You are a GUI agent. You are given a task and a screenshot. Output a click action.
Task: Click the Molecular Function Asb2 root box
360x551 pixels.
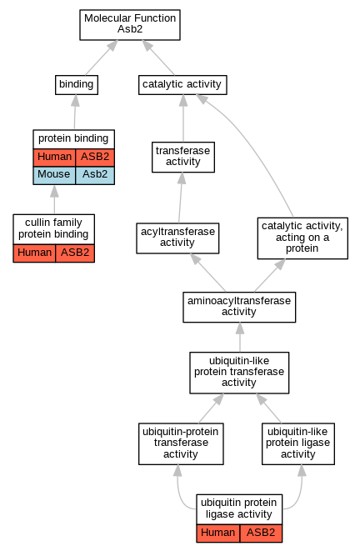pos(130,25)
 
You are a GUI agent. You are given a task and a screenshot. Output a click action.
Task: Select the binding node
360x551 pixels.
pos(77,85)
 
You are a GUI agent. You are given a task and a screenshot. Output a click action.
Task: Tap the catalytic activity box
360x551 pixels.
pos(182,85)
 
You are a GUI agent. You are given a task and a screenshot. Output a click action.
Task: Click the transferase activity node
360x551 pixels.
pos(183,157)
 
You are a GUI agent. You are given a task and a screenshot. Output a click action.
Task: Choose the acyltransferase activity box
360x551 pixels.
pos(177,238)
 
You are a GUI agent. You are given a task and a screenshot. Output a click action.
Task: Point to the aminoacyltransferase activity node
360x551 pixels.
pos(239,307)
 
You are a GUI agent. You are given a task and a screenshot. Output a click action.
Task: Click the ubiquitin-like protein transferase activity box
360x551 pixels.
pos(239,373)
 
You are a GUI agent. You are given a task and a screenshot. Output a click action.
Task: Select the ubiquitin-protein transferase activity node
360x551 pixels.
pos(181,443)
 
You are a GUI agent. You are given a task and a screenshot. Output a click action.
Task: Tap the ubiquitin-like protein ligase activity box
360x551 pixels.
pos(298,443)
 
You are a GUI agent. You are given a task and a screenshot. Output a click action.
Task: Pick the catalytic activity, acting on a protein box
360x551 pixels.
pos(302,238)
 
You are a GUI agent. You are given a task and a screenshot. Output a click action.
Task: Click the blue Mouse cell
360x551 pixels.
pos(54,175)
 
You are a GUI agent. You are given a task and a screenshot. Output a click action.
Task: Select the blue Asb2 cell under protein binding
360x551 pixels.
pos(95,175)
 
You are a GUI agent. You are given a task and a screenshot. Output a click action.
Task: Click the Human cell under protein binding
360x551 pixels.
pos(54,158)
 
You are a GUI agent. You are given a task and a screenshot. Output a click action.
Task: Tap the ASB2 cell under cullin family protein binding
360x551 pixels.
pos(75,253)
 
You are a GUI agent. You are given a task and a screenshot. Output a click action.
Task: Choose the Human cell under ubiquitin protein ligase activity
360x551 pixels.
pos(218,533)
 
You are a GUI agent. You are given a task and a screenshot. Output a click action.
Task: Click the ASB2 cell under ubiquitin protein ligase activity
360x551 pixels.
pos(261,533)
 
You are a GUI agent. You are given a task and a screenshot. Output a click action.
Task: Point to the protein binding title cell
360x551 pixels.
pos(74,139)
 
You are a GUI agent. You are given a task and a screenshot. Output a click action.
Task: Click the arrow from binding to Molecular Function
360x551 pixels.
pos(102,58)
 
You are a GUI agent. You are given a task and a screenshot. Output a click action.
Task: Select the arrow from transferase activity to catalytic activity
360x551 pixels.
pos(183,118)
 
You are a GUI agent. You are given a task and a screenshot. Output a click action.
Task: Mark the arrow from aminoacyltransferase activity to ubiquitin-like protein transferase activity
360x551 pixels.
pos(240,337)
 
